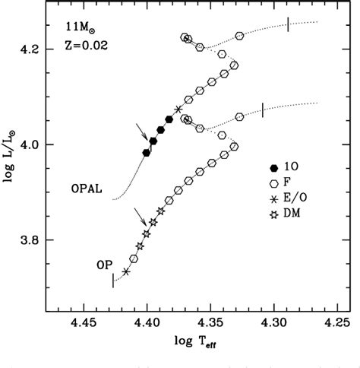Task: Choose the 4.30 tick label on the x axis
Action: click(274, 322)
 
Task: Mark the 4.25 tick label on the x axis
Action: click(338, 322)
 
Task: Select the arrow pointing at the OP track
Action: click(140, 216)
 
